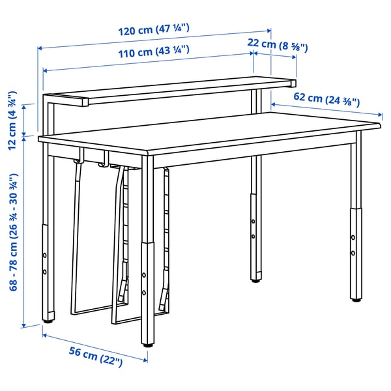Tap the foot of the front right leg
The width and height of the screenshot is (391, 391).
point(356,299)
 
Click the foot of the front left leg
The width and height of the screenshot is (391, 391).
point(48,319)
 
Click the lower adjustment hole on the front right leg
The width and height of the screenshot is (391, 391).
point(353,252)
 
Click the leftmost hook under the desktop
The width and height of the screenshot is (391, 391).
point(80,160)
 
